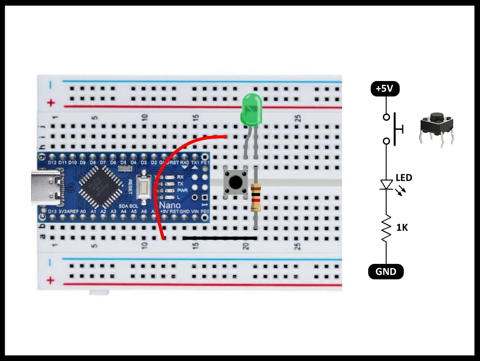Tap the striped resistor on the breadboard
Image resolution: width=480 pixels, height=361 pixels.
coord(255,197)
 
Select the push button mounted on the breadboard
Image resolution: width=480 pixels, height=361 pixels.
coord(235,182)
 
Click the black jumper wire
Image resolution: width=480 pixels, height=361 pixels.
coord(220,238)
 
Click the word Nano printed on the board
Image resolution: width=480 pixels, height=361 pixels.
coord(170,206)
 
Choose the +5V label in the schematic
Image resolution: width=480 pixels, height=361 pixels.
coord(385,89)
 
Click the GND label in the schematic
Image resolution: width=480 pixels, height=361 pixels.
coord(386,271)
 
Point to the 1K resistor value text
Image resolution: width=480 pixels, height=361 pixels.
coord(402,227)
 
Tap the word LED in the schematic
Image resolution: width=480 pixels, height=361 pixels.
coord(404,178)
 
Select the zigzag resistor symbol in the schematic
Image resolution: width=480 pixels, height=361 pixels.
coord(386,228)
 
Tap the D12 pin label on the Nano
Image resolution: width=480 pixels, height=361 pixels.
coord(52,163)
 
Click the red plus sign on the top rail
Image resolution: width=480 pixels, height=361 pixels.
coord(51,103)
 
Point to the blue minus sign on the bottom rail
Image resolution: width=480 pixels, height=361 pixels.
coord(50,262)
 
